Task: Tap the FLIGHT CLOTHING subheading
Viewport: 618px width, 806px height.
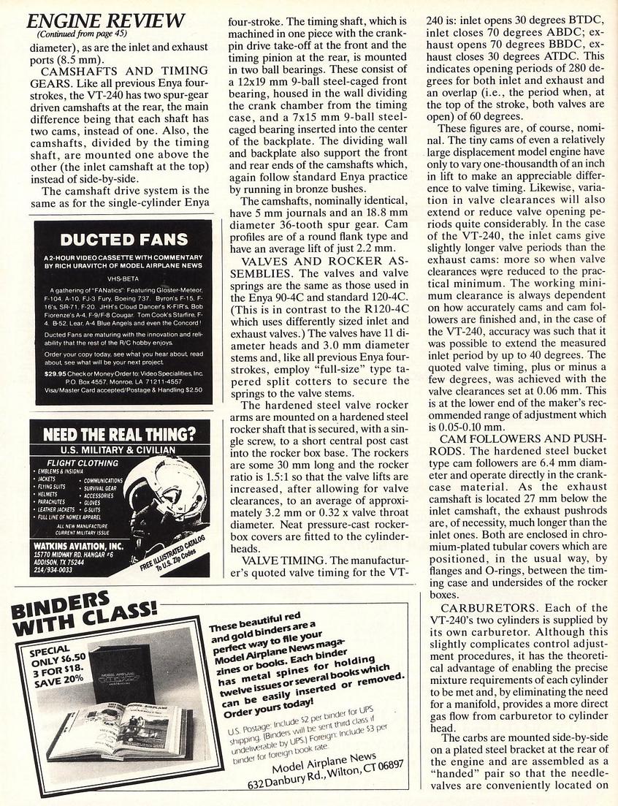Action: [x=82, y=463]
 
